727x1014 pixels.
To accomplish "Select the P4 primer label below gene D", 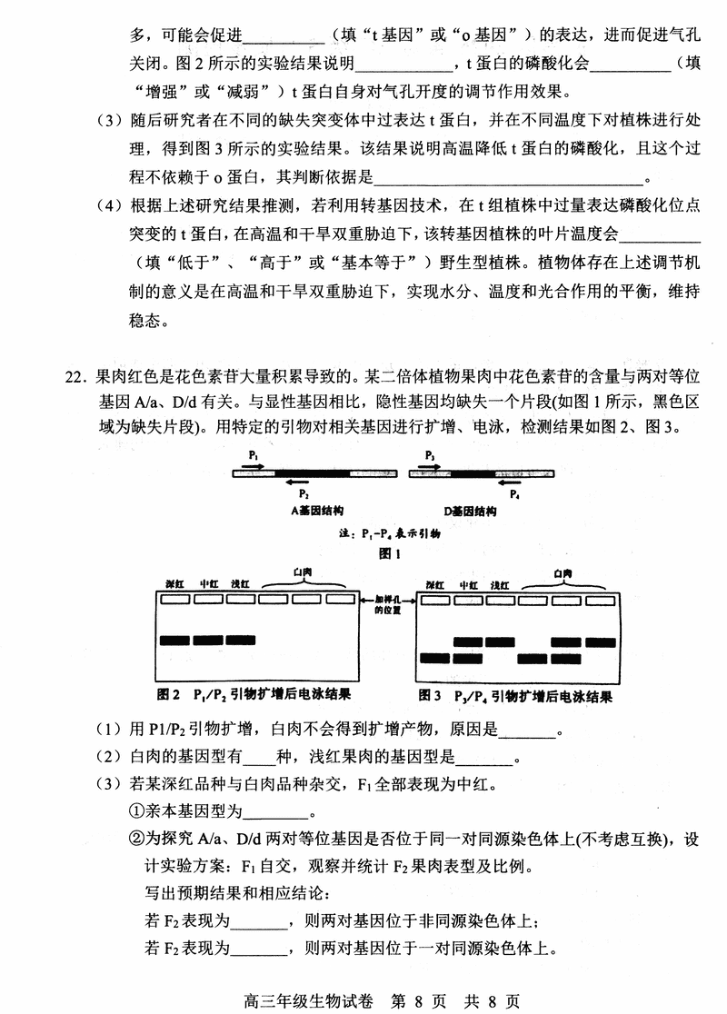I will click(x=514, y=494).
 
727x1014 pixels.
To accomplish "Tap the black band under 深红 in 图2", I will click(x=179, y=641).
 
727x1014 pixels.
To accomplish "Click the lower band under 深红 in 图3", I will click(x=435, y=657).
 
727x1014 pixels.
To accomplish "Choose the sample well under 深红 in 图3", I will click(x=435, y=600).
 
